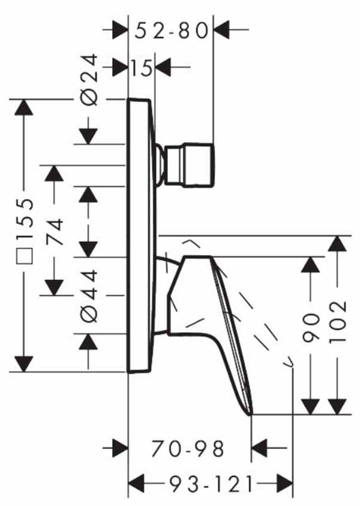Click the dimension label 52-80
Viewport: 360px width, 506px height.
point(171,31)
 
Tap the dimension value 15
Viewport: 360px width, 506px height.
point(142,68)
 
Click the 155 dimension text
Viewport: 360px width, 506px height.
point(25,219)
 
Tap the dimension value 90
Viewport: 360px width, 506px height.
point(311,327)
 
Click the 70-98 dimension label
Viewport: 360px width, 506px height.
point(188,448)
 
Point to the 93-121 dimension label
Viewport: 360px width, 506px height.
point(211,484)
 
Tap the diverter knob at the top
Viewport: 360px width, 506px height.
point(189,165)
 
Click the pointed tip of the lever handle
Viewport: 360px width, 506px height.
point(250,414)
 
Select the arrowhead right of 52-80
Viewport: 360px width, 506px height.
point(221,30)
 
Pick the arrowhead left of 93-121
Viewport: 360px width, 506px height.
point(136,483)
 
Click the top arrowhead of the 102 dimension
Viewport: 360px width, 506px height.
point(337,243)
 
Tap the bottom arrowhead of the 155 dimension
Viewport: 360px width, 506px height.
point(24,364)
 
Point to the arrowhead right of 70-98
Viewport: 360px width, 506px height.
point(259,448)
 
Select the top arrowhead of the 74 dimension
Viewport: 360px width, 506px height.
point(54,173)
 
